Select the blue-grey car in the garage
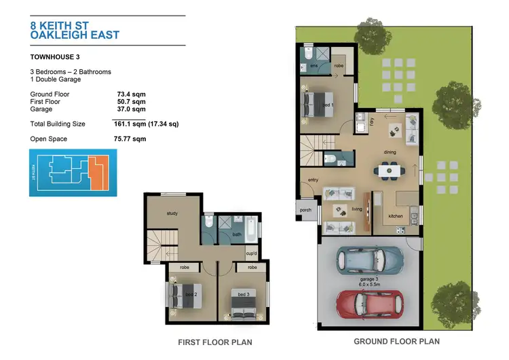tap(370, 258)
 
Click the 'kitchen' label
tap(395, 216)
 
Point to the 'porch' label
tap(305, 210)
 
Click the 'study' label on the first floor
tap(172, 213)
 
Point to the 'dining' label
tap(390, 152)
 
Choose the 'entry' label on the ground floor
tap(313, 180)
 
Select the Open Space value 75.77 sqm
tap(130, 139)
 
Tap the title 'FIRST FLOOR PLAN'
tap(214, 342)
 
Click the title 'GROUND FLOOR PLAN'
tap(397, 342)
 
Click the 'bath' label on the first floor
tap(237, 235)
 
